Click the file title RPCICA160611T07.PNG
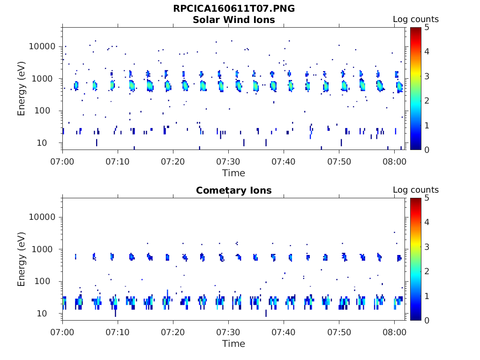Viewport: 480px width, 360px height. [x=234, y=8]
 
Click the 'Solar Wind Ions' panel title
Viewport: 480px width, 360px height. [x=234, y=20]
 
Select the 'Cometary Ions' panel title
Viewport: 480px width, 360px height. [x=234, y=190]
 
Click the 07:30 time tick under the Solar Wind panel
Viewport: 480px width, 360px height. [x=228, y=161]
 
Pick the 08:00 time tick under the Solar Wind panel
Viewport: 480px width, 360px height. [x=394, y=161]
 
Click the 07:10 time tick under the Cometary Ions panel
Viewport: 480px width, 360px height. [x=118, y=332]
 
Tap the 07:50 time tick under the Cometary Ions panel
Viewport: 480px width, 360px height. [x=339, y=332]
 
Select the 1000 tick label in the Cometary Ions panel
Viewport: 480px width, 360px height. [x=46, y=249]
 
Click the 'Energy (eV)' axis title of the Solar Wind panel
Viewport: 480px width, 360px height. [x=22, y=89]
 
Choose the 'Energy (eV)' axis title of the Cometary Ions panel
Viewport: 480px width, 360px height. [x=22, y=259]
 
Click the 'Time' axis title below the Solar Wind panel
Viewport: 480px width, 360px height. [x=234, y=173]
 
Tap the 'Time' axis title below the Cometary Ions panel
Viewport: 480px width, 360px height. [x=234, y=344]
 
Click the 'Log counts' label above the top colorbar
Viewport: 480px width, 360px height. [x=416, y=19]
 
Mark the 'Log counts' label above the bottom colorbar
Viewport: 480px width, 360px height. [x=416, y=190]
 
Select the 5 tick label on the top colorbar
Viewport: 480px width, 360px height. [x=427, y=27]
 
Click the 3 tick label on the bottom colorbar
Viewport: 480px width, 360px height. [x=427, y=247]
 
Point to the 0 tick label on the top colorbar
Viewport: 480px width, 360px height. [x=427, y=150]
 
